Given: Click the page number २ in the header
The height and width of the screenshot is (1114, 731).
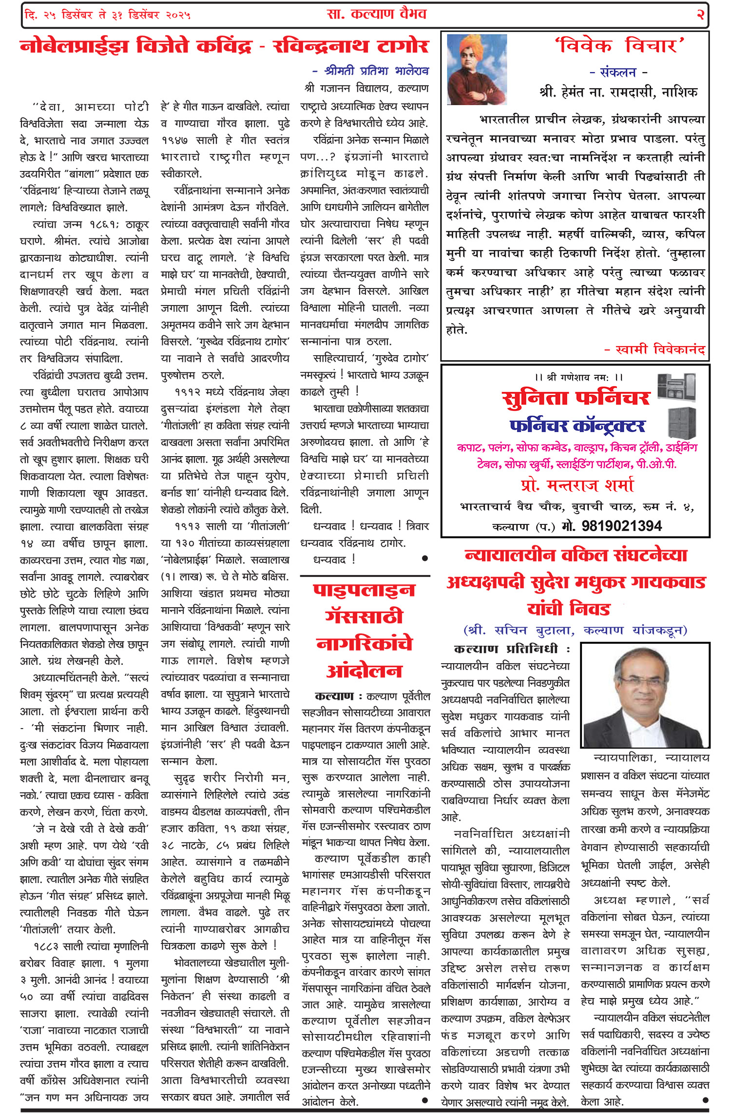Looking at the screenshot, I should pyautogui.click(x=700, y=15).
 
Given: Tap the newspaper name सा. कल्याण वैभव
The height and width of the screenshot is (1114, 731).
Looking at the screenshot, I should pyautogui.click(x=376, y=14).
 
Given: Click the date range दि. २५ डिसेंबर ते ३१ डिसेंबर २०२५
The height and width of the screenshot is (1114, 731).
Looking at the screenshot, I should pyautogui.click(x=107, y=15).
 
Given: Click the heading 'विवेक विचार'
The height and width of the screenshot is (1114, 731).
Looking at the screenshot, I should pyautogui.click(x=619, y=46).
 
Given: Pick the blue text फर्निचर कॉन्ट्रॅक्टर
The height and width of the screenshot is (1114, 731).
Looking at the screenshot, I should pyautogui.click(x=577, y=426).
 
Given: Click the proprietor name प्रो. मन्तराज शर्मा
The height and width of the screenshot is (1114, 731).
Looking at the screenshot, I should pyautogui.click(x=577, y=485).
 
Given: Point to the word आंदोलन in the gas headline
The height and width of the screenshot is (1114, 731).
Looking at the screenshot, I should pyautogui.click(x=365, y=671).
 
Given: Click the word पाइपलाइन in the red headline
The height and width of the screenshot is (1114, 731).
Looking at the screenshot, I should pyautogui.click(x=365, y=590).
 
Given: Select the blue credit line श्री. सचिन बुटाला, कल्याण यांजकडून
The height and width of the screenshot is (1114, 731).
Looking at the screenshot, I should pyautogui.click(x=575, y=630).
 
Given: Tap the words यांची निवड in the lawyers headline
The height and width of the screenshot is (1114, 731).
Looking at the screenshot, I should pyautogui.click(x=569, y=609).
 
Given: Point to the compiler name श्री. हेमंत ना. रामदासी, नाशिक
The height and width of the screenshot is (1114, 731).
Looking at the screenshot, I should pyautogui.click(x=619, y=92).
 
